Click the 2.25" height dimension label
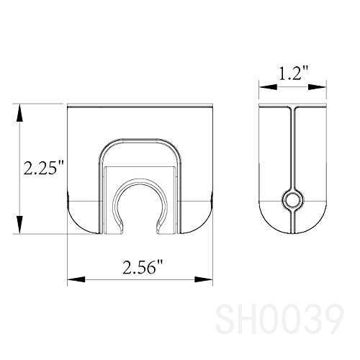44,167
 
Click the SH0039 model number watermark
280,318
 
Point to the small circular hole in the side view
293,200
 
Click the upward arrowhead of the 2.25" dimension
20,113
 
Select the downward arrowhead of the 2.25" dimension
20,225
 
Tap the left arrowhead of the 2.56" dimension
76,279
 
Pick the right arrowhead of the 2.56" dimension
204,279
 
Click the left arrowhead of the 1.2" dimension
268,87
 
